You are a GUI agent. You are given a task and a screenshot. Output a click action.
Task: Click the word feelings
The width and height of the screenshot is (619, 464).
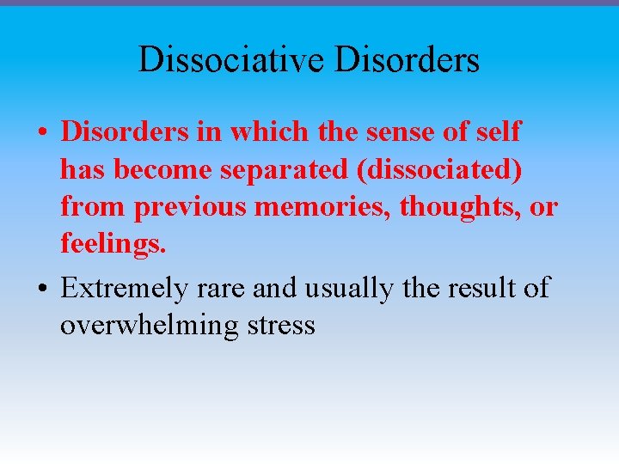click(113, 244)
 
